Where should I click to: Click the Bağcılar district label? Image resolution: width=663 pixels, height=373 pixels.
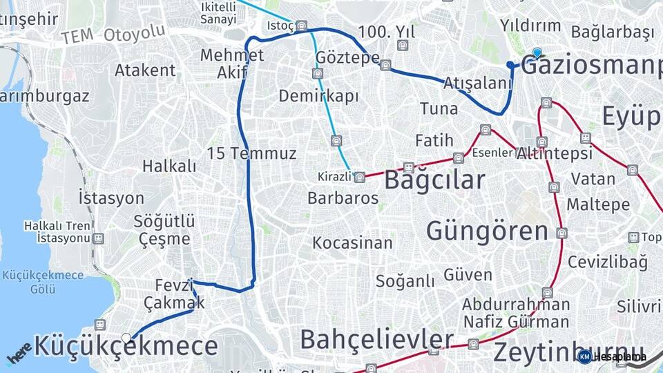tap(434, 180)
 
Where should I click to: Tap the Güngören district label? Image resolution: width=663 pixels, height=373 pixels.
tap(487, 231)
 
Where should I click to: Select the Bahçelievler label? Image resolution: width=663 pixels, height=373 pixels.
tap(376, 340)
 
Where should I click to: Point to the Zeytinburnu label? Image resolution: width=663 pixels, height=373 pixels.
tap(566, 351)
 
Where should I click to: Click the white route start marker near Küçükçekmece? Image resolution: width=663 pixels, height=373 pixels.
tap(126, 338)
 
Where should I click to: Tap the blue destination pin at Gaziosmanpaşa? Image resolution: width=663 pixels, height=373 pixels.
tap(537, 52)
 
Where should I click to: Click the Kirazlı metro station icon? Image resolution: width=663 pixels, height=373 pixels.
tap(360, 178)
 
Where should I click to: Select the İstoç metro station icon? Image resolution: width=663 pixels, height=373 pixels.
tap(301, 26)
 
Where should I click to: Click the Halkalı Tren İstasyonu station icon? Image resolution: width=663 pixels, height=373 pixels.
tap(99, 238)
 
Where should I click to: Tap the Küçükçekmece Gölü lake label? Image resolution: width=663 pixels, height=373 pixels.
tap(43, 281)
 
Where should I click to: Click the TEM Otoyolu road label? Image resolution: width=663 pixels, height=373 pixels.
tap(113, 34)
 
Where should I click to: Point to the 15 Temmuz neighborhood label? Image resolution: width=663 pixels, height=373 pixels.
tap(252, 153)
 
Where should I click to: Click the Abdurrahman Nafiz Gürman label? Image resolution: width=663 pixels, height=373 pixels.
tap(516, 313)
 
